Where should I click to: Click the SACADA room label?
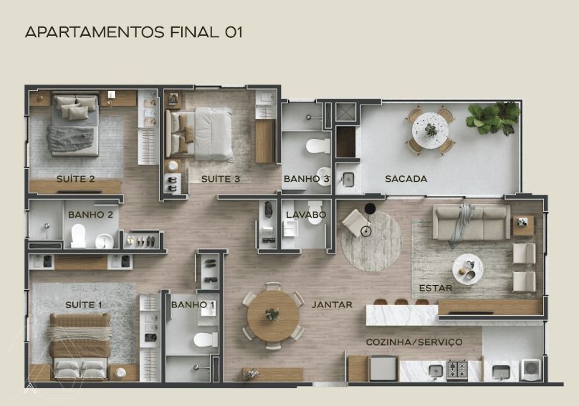point(406,179)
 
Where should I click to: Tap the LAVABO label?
point(306,214)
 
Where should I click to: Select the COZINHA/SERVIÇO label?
point(414,342)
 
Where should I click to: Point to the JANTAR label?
point(332,305)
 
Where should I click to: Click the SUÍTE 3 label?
point(221,180)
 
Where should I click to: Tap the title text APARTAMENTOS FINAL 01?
point(134,32)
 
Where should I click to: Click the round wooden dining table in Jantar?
point(273,316)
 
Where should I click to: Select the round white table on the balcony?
point(430,130)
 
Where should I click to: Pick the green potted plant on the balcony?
point(493,117)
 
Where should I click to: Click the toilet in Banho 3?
point(318,146)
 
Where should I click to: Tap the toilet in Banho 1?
point(206,339)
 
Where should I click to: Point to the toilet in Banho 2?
point(78,236)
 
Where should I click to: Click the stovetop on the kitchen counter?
point(457,369)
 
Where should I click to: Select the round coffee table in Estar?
point(468,269)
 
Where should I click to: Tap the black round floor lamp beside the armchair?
point(370,208)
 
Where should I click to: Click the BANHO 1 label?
point(193,305)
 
